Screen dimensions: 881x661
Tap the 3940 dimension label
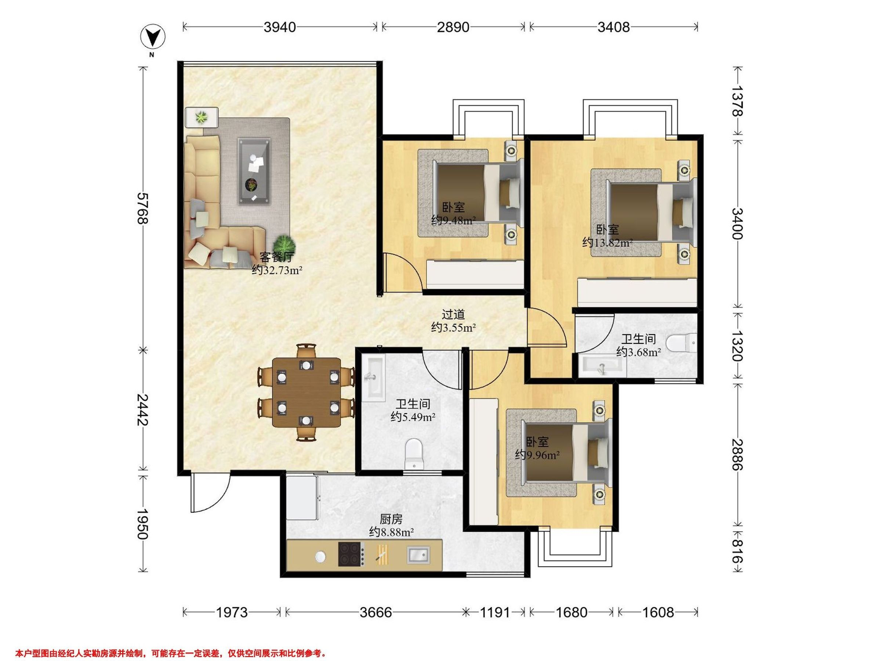click(x=280, y=27)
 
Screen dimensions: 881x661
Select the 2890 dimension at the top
click(x=453, y=27)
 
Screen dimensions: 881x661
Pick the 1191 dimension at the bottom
click(x=495, y=612)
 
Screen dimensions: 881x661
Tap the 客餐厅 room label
click(x=276, y=257)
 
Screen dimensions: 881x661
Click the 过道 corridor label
click(x=453, y=314)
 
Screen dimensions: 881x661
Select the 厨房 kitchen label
click(x=391, y=519)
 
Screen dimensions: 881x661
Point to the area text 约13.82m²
click(x=608, y=242)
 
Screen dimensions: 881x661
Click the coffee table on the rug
click(x=254, y=171)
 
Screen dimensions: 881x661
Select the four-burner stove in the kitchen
click(x=351, y=554)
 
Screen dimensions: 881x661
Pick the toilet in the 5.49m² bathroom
click(x=414, y=454)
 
